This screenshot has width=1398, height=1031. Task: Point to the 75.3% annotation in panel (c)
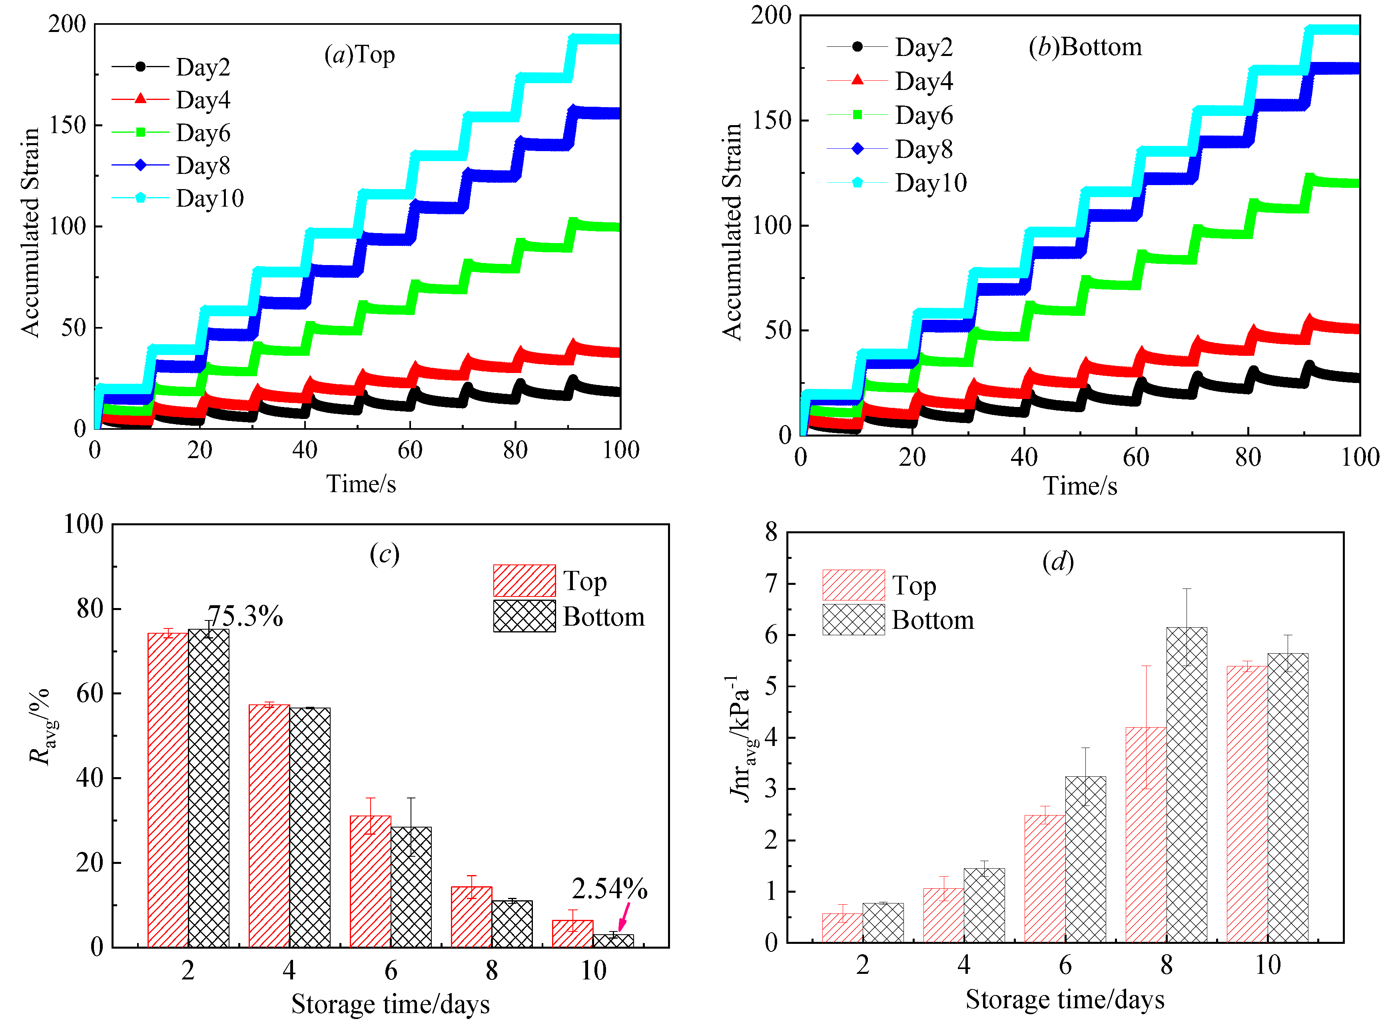[245, 616]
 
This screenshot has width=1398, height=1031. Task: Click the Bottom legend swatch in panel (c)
[524, 616]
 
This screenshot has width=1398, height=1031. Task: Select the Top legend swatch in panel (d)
[853, 585]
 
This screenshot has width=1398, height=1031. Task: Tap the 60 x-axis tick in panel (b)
[1136, 457]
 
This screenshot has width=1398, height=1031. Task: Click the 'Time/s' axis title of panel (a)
[361, 484]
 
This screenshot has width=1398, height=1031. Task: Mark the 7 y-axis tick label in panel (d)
[772, 584]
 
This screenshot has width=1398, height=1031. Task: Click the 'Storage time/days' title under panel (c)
[390, 1004]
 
